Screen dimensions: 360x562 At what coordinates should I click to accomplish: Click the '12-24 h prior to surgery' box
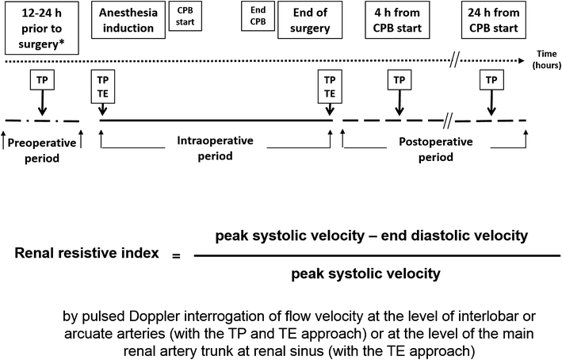pyautogui.click(x=42, y=27)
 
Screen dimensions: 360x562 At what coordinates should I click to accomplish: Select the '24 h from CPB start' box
pyautogui.click(x=492, y=20)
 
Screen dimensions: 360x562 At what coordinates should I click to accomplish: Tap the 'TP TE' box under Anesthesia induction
pyautogui.click(x=102, y=85)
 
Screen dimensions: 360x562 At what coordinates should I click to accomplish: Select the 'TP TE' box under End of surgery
pyautogui.click(x=328, y=85)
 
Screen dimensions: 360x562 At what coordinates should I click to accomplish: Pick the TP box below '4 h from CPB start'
pyautogui.click(x=399, y=80)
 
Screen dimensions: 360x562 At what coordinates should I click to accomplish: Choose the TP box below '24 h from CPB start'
pyautogui.click(x=492, y=80)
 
